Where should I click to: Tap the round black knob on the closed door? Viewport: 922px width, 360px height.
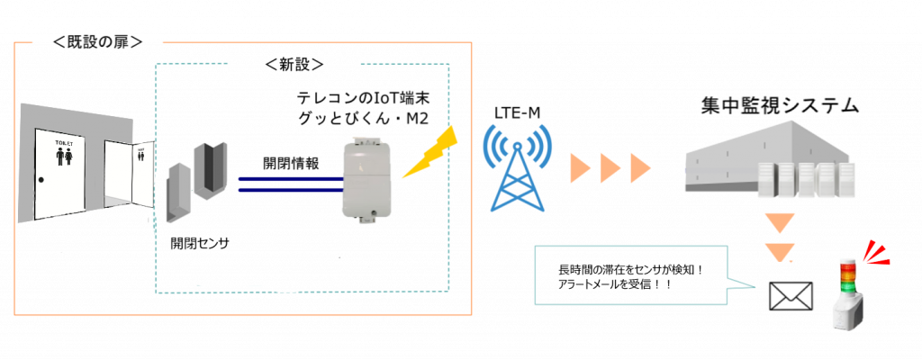click(41, 180)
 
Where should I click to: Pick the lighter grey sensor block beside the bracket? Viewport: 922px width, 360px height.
click(177, 192)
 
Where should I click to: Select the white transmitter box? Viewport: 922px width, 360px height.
click(367, 176)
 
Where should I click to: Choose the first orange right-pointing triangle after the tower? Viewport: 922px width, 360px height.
click(581, 168)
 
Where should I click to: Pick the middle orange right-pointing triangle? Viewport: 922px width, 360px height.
click(611, 168)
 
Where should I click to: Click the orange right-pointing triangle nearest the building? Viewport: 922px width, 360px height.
click(641, 168)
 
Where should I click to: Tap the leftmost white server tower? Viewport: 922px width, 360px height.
click(766, 180)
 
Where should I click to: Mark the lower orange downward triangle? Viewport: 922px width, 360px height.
click(779, 251)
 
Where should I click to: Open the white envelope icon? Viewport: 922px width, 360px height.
click(791, 296)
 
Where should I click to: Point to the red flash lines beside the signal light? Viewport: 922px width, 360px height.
click(876, 253)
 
